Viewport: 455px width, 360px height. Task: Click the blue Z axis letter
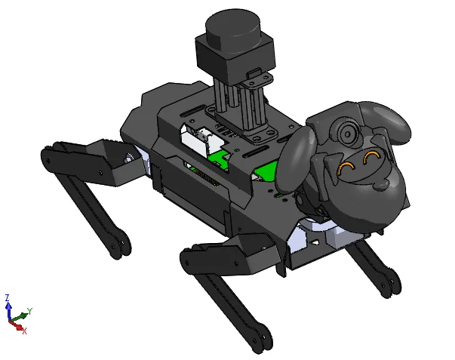(8, 297)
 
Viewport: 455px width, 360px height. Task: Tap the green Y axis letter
(29, 311)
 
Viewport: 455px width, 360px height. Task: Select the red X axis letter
(24, 331)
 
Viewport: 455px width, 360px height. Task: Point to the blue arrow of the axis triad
(9, 311)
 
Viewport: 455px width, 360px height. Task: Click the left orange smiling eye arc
(346, 168)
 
